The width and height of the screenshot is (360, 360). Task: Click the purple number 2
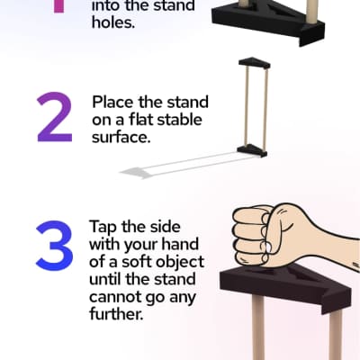pos(55,117)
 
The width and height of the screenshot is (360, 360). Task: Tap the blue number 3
pos(55,245)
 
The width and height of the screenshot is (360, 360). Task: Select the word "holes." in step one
pos(113,22)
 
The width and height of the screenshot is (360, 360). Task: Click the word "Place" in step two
pos(112,102)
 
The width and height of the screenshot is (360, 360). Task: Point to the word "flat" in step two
pos(142,120)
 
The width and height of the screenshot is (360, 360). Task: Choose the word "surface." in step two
pos(121,138)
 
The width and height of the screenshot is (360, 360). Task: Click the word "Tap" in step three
pos(103,228)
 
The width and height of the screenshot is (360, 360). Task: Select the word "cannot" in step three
pos(114,297)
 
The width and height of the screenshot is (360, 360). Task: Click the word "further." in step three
pos(115,313)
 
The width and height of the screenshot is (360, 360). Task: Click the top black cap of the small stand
pos(255,63)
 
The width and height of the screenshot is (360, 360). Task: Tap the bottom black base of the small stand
pos(252,150)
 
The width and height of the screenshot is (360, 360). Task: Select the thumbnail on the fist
pos(268,247)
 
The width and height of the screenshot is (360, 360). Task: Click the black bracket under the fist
pos(285,286)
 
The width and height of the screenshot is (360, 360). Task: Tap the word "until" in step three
pos(105,279)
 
